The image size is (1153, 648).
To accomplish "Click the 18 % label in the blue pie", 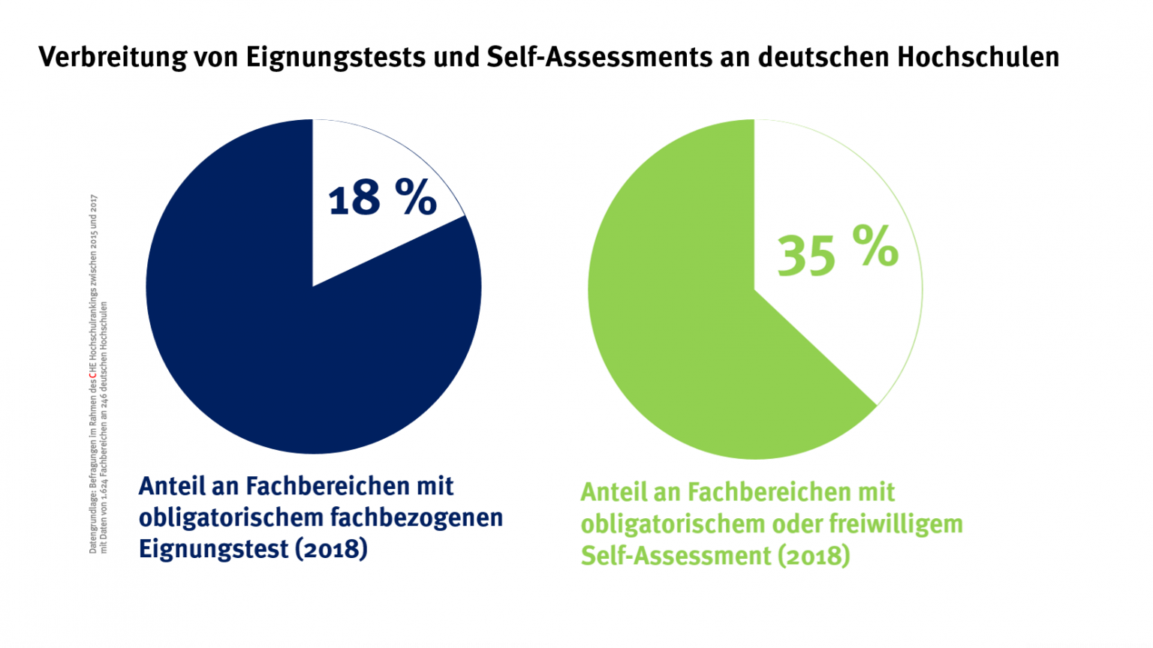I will pos(382,198).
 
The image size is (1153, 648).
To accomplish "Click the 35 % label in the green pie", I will pos(837,250).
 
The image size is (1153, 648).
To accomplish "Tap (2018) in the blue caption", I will pos(331,548).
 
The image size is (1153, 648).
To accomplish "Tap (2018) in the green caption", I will pos(814,556).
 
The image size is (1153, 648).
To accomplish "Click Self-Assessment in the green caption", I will pos(676,556).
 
